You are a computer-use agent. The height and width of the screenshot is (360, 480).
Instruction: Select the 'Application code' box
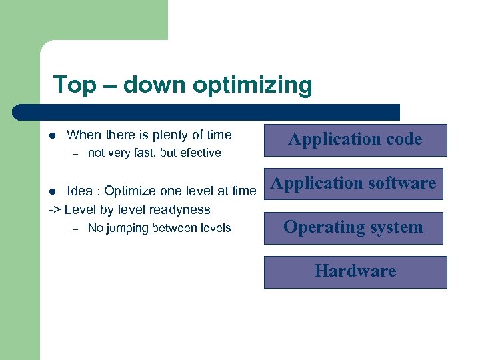coord(355,139)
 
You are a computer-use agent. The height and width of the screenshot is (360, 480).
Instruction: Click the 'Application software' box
coord(353,183)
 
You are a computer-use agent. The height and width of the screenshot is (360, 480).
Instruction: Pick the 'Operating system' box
coord(353,227)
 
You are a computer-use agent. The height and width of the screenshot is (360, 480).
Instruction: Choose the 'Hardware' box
coord(355,271)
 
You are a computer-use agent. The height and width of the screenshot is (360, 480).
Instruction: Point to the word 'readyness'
coord(182,209)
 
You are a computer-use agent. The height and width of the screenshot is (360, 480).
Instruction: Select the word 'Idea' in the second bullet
coord(80,191)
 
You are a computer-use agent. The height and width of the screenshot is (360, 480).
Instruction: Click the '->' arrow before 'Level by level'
coord(55,209)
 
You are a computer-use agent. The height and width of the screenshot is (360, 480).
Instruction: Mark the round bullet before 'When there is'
coord(52,136)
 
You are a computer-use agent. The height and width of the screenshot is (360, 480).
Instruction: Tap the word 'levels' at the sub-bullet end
coord(214,228)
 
